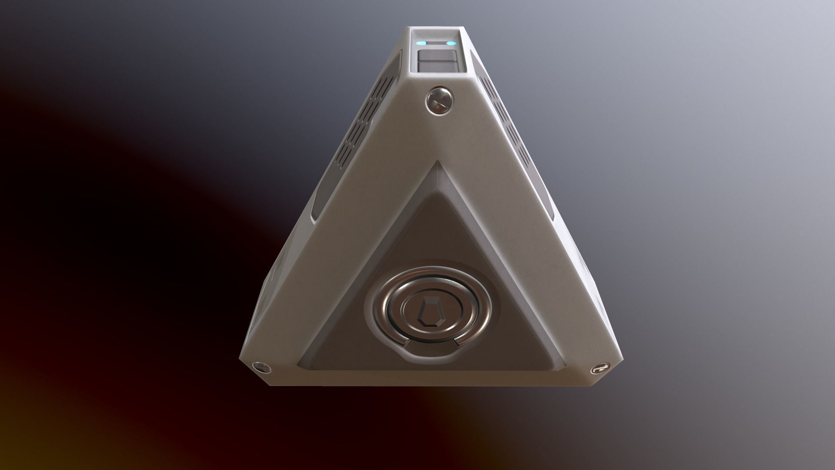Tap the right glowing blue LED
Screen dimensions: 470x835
pyautogui.click(x=451, y=43)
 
